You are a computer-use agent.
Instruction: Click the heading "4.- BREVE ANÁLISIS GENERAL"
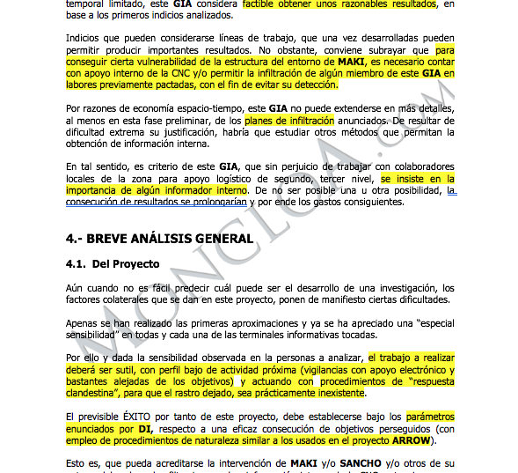coord(159,238)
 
